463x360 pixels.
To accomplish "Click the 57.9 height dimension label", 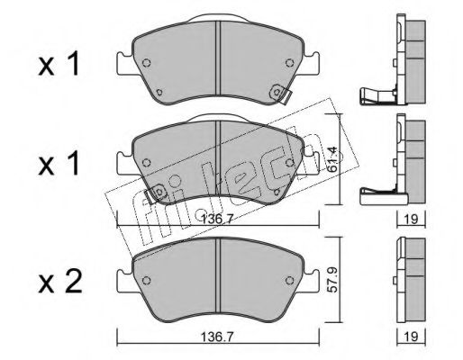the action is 334,280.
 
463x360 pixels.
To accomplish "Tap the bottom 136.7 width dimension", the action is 217,337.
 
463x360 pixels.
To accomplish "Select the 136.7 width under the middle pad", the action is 217,220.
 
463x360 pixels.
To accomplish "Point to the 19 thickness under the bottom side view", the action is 411,337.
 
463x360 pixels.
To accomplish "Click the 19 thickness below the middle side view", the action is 411,220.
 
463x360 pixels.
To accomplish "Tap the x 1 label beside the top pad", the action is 59,63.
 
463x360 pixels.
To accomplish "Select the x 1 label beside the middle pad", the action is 59,163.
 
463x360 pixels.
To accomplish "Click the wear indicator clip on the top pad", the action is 280,94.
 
